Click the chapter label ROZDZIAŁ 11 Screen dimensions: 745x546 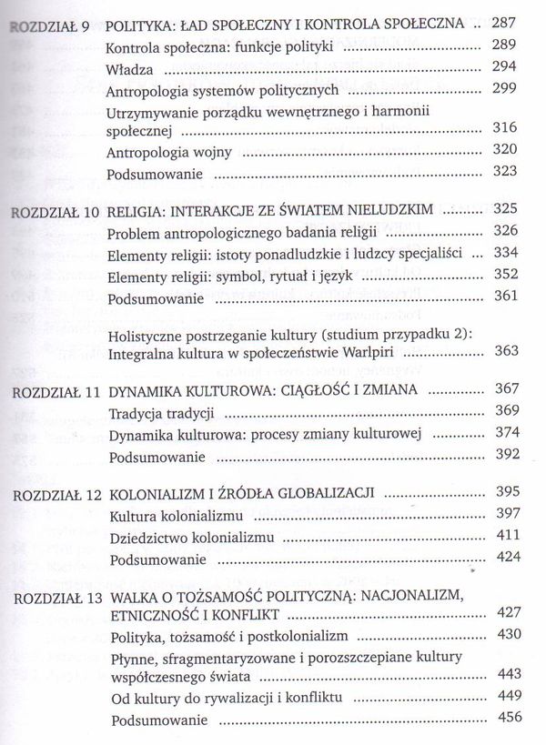(x=53, y=390)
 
